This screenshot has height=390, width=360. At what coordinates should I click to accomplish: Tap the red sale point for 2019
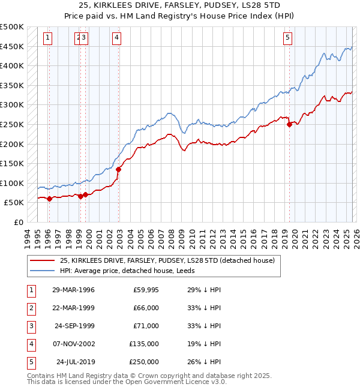click(x=289, y=125)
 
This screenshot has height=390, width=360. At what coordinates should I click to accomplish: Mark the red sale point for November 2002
click(x=118, y=169)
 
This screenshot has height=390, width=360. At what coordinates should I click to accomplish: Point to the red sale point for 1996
click(x=49, y=199)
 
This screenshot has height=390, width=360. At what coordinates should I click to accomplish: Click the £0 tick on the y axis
click(x=18, y=222)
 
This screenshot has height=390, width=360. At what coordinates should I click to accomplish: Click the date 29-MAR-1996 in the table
click(x=73, y=290)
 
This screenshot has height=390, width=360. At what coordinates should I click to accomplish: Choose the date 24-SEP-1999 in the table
click(x=73, y=326)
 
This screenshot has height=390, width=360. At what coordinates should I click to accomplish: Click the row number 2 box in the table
click(x=31, y=308)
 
